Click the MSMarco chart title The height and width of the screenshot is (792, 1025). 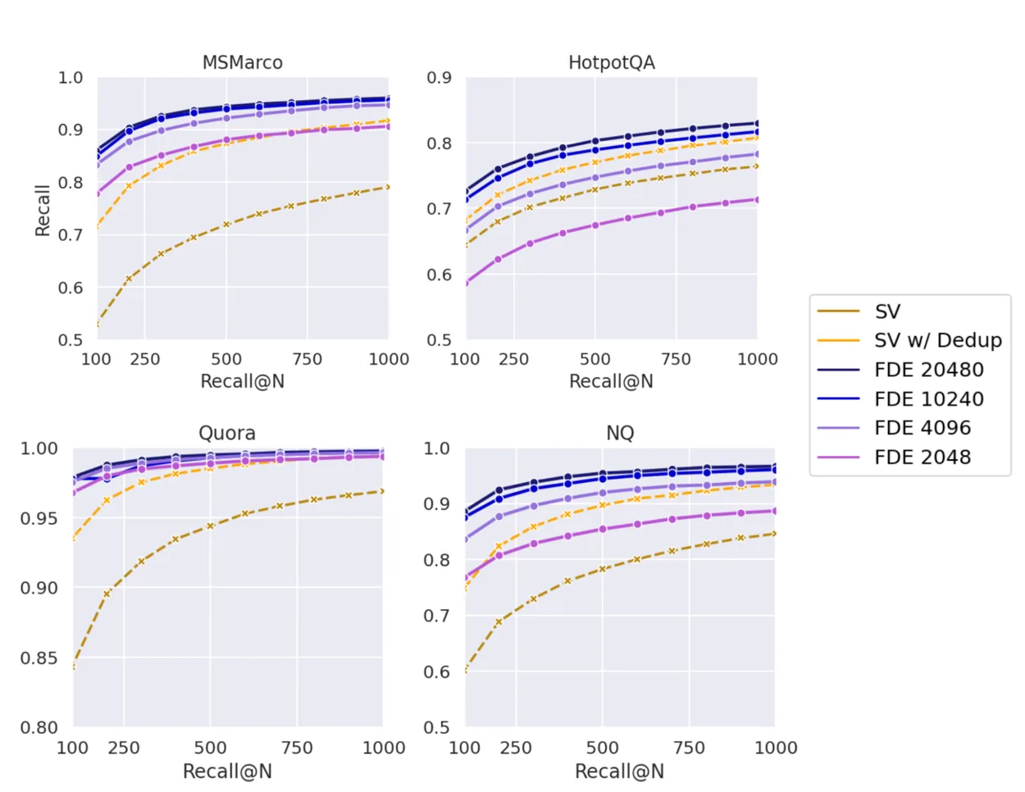click(x=242, y=62)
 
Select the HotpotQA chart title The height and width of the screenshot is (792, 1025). click(x=611, y=62)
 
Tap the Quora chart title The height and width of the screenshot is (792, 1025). click(x=227, y=433)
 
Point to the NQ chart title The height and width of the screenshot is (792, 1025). click(x=620, y=433)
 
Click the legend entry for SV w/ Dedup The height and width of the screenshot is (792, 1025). click(x=937, y=340)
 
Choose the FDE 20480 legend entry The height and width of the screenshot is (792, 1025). click(x=928, y=370)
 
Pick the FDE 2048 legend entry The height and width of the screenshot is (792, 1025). click(x=922, y=457)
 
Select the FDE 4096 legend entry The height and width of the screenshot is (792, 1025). click(x=922, y=428)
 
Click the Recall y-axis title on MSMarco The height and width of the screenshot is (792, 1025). click(x=43, y=210)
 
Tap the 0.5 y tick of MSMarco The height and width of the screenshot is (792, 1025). click(x=71, y=339)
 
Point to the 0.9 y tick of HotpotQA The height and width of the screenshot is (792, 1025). click(x=439, y=78)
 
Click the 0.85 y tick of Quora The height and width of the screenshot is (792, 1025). click(x=39, y=658)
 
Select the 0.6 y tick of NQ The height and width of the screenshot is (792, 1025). click(x=436, y=671)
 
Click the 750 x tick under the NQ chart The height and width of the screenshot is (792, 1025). click(x=689, y=748)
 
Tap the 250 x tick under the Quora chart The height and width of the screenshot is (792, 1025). click(x=124, y=748)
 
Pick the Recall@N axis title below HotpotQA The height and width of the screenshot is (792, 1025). click(x=611, y=381)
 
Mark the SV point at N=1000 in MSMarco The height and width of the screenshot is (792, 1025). click(x=388, y=188)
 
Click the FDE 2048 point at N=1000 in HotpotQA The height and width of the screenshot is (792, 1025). click(x=757, y=199)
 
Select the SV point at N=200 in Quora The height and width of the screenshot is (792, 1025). click(x=107, y=594)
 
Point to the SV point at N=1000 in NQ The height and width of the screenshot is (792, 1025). click(x=774, y=534)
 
